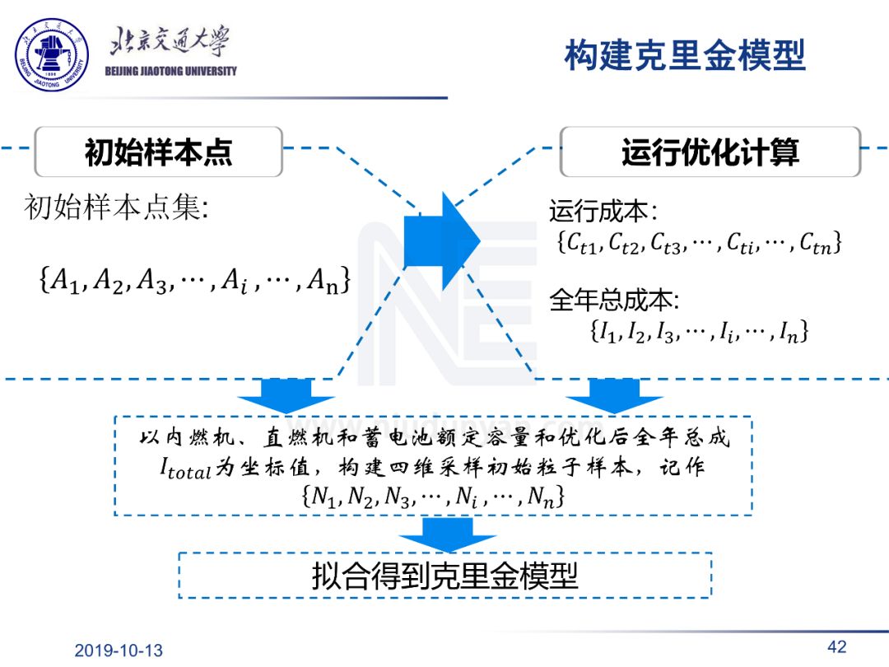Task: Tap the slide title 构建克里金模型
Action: click(x=684, y=56)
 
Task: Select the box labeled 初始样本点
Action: click(x=158, y=152)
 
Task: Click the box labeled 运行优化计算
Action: click(x=710, y=152)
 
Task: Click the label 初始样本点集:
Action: click(x=117, y=208)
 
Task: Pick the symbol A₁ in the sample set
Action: click(x=65, y=281)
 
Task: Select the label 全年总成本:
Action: click(x=614, y=301)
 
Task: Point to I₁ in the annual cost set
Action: click(x=607, y=332)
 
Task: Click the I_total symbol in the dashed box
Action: click(x=185, y=469)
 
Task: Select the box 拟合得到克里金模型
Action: click(x=444, y=575)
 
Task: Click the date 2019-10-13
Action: click(x=119, y=651)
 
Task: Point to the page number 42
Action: click(x=836, y=646)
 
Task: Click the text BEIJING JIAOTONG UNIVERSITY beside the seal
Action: click(x=171, y=72)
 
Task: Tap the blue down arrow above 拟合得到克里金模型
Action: click(x=447, y=534)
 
